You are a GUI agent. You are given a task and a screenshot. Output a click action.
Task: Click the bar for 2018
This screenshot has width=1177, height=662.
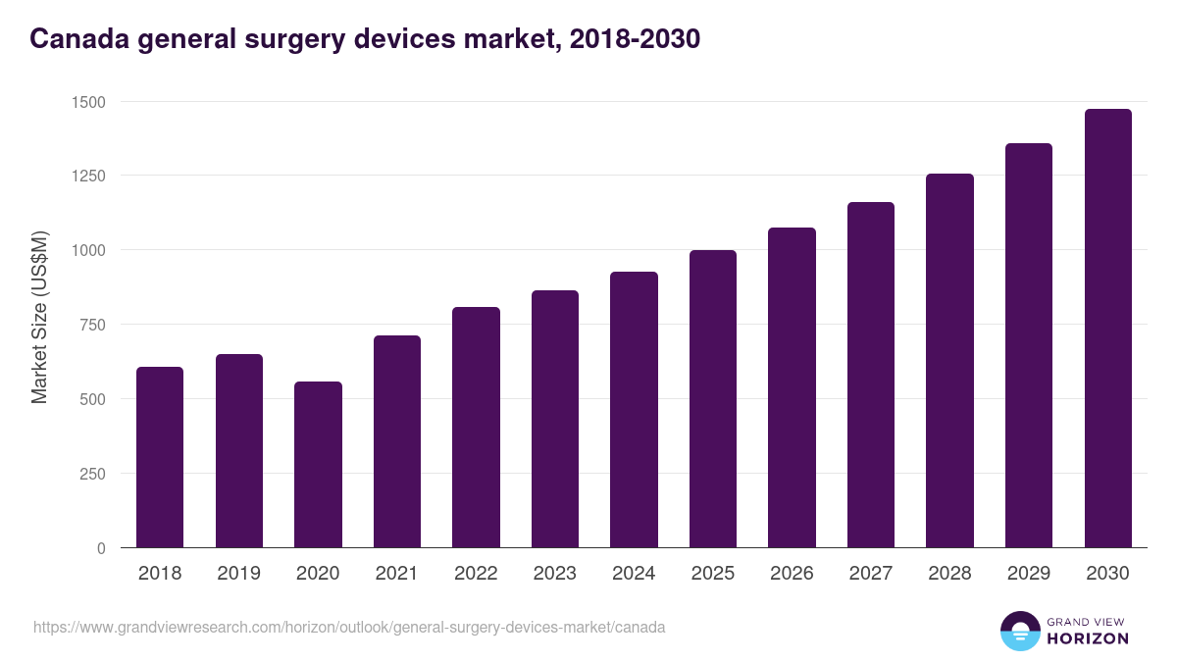point(160,457)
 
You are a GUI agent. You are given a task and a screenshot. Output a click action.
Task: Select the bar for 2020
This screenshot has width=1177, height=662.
point(318,464)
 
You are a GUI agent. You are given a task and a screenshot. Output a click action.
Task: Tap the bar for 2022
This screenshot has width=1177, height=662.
point(476,428)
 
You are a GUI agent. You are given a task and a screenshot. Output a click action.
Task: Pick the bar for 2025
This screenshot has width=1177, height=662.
point(712,398)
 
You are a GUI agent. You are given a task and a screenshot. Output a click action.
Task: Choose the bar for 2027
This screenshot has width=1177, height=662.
point(870,375)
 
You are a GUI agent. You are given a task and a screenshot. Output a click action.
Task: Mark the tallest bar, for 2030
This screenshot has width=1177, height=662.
point(1107,329)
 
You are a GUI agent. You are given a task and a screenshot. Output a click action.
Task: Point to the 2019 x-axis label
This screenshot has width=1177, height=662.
point(238,574)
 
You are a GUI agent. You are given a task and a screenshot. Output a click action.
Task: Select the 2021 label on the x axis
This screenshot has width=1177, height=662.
point(396,574)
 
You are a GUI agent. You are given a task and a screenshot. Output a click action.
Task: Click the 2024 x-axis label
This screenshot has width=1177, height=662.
point(634,574)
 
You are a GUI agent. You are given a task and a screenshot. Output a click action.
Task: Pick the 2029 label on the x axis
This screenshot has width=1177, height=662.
point(1028,574)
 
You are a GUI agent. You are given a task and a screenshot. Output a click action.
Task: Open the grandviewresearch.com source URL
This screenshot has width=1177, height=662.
point(349,627)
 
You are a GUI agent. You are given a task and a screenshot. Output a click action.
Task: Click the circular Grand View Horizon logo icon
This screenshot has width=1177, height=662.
point(1020,631)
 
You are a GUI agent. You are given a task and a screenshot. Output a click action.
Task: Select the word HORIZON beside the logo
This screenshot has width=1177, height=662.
point(1087,638)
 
